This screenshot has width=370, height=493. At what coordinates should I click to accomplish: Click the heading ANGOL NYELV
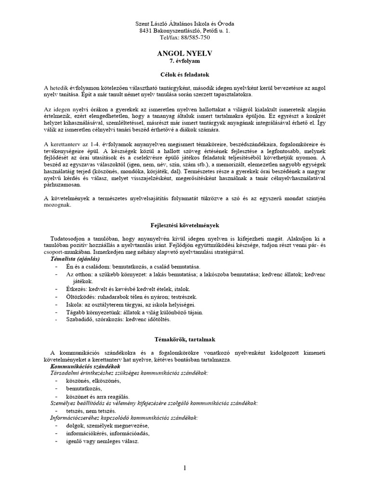click(x=185, y=54)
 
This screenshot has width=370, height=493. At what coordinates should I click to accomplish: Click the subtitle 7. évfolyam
click(x=185, y=62)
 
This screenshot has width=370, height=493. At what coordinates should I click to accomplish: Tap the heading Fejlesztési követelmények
click(x=185, y=225)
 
